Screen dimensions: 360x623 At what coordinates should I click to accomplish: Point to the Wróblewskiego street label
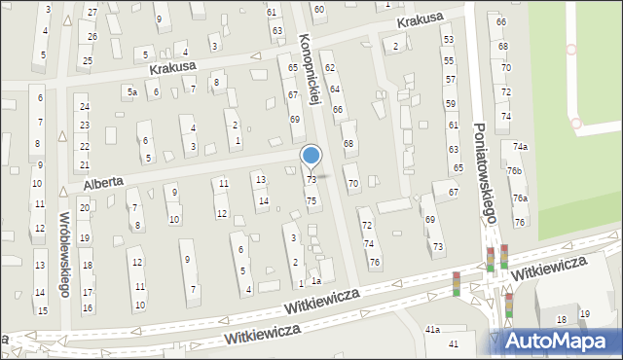[64, 255]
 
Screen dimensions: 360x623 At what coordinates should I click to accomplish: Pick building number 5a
[130, 91]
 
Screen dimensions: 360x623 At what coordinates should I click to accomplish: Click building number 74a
[522, 147]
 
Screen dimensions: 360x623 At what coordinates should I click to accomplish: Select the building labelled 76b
[514, 172]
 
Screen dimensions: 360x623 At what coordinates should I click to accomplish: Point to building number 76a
[521, 198]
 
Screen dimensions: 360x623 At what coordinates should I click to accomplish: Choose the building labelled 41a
[433, 330]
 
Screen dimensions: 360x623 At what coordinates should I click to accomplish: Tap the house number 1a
[317, 281]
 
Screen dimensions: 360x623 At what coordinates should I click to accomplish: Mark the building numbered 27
[92, 12]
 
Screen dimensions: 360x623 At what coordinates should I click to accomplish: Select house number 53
[449, 39]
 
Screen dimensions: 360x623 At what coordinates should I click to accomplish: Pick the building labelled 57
[450, 77]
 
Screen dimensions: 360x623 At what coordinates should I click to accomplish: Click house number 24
[85, 107]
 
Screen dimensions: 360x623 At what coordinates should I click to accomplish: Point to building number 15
[42, 310]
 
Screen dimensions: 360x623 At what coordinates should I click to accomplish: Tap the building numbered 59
[451, 103]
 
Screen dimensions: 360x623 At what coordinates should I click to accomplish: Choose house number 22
[85, 144]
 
